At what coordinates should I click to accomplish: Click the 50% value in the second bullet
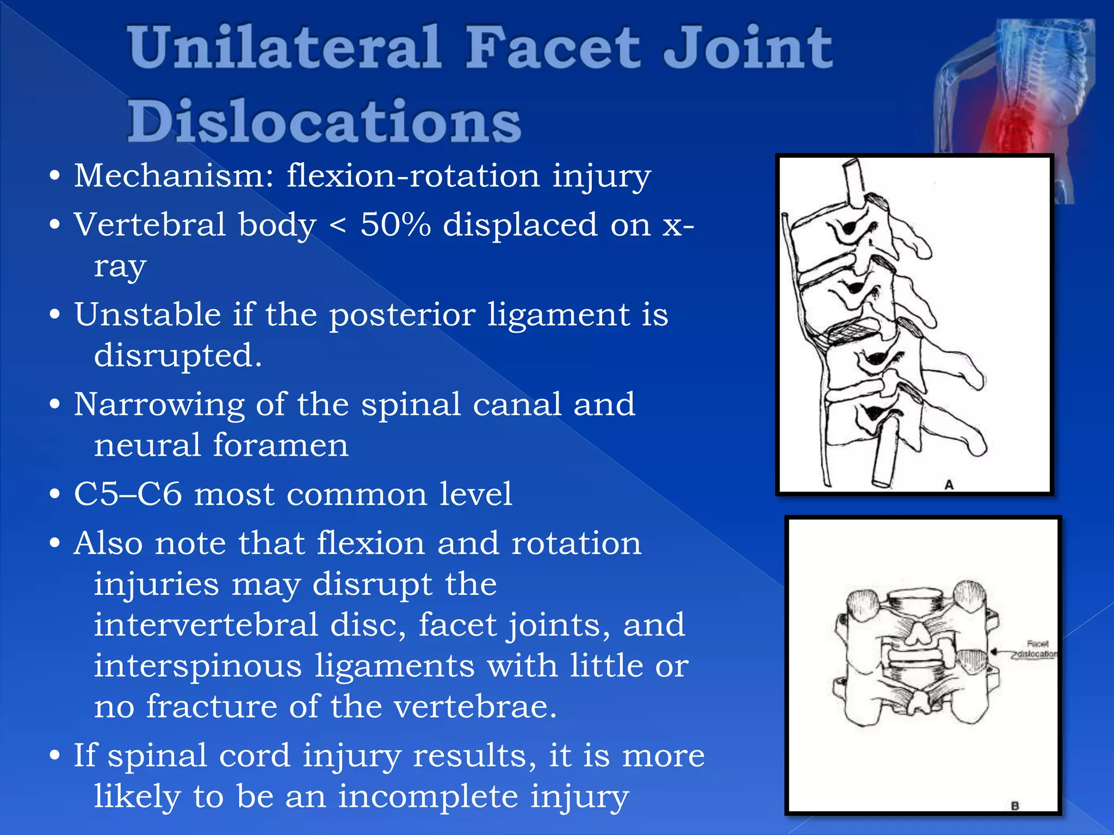pyautogui.click(x=395, y=225)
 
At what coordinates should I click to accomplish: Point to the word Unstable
pyautogui.click(x=147, y=315)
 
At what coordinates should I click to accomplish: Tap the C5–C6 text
pyautogui.click(x=127, y=494)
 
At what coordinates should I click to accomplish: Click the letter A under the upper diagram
pyautogui.click(x=949, y=484)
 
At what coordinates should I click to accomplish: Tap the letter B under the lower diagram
pyautogui.click(x=1014, y=806)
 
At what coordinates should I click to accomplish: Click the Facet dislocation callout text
pyautogui.click(x=1036, y=649)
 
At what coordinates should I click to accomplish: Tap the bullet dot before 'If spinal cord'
pyautogui.click(x=54, y=756)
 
